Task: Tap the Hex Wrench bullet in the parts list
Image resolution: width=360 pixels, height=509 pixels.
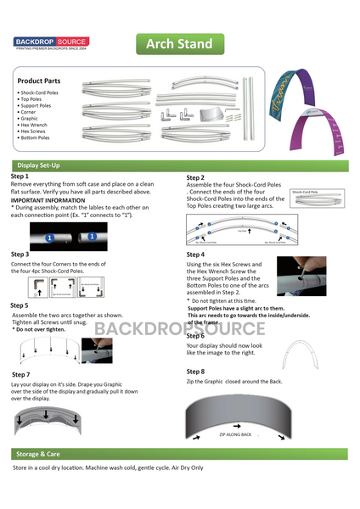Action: click(35, 124)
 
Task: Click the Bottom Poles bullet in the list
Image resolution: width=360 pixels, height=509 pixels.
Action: click(37, 137)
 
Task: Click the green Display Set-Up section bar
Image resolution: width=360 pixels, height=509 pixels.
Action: click(179, 165)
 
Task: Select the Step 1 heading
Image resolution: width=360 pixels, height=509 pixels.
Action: click(20, 176)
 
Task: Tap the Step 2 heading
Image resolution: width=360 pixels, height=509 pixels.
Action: click(196, 177)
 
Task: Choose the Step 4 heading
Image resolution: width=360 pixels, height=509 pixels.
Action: click(196, 255)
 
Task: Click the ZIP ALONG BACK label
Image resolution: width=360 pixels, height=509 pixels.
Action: click(235, 434)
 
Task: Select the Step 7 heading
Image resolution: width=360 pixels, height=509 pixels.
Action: click(21, 374)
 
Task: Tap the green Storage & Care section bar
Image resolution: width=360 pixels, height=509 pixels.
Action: click(179, 454)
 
